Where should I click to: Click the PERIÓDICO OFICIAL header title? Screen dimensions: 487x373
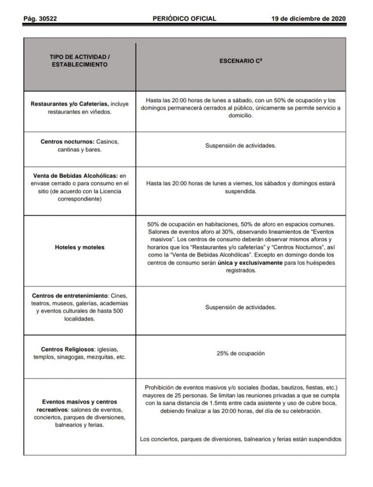(x=184, y=19)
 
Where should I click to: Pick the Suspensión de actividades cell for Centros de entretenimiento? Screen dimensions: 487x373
(x=242, y=307)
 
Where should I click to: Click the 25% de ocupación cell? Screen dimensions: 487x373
(x=242, y=353)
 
